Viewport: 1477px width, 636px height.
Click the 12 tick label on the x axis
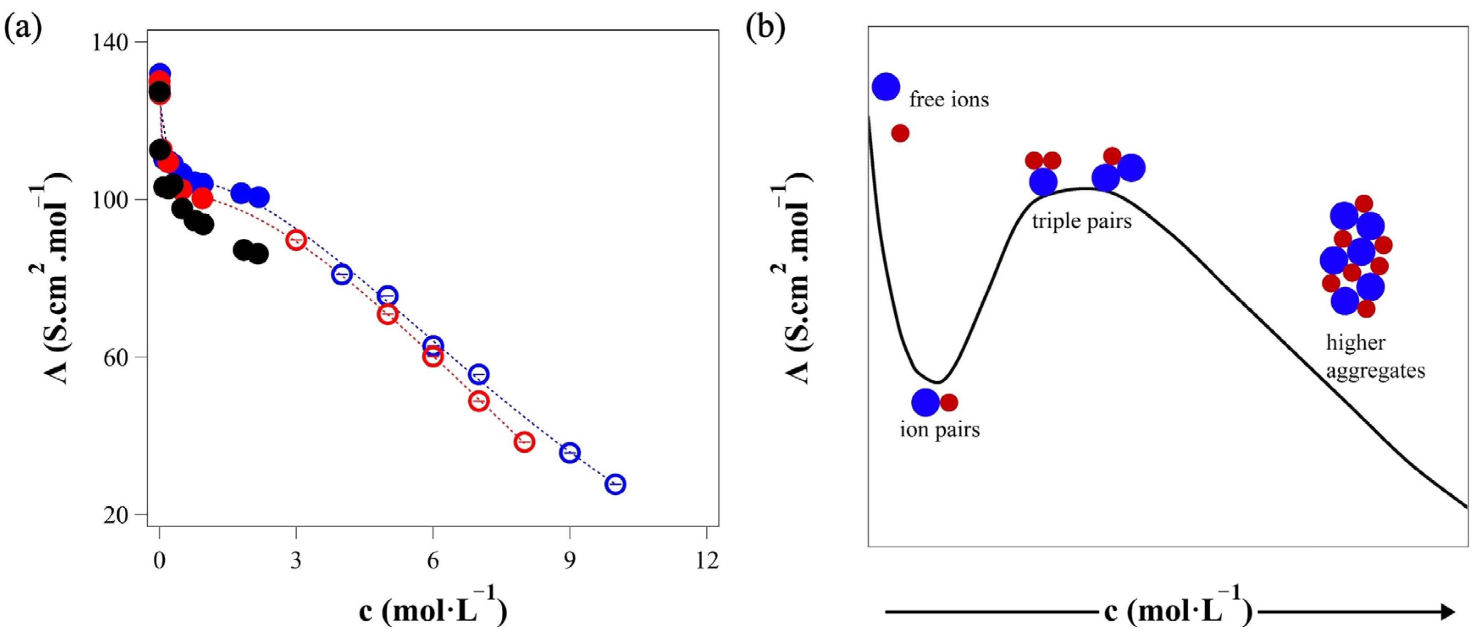point(706,560)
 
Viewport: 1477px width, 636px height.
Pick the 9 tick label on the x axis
point(570,560)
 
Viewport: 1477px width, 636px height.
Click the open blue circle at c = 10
point(615,484)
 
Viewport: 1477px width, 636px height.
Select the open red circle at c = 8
point(524,442)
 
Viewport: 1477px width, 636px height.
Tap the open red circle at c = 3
point(296,240)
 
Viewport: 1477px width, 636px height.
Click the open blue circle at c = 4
point(342,274)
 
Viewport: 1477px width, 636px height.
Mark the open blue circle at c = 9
point(570,453)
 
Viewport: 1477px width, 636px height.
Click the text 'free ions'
point(949,100)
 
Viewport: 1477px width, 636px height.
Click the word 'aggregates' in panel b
point(1375,371)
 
